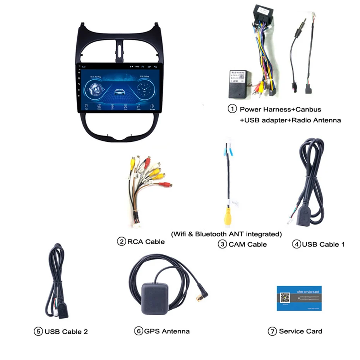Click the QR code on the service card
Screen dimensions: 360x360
[x=285, y=298]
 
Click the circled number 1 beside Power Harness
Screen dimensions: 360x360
[x=232, y=109]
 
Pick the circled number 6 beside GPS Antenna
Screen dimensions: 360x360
[x=139, y=331]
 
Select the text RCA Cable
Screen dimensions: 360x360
[x=146, y=242]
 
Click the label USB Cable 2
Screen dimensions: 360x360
[x=66, y=331]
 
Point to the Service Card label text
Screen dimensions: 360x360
[x=300, y=331]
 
